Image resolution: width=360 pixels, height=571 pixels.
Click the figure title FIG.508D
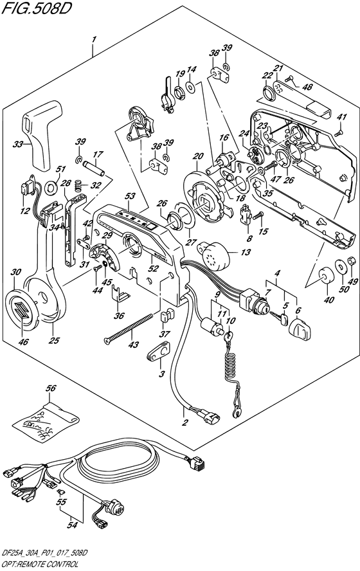click(35, 8)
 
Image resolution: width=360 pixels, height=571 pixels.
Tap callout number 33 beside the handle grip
click(17, 144)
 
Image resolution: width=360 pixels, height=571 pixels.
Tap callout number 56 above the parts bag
click(51, 388)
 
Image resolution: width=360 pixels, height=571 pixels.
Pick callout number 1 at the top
click(94, 39)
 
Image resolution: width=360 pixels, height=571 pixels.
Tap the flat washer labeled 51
click(51, 188)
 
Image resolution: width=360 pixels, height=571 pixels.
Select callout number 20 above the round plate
click(199, 156)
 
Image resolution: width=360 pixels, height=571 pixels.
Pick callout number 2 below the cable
click(185, 422)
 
